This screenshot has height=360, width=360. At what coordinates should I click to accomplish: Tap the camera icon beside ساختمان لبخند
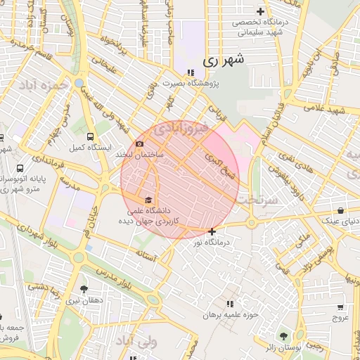(x=139, y=144)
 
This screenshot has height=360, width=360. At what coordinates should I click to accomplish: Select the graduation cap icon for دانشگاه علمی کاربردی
(x=148, y=200)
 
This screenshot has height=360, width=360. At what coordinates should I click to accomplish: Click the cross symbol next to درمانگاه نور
(x=212, y=231)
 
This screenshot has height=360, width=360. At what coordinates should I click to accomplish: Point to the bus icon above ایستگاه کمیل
(x=90, y=137)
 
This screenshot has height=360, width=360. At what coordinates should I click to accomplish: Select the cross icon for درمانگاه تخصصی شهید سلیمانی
(x=261, y=11)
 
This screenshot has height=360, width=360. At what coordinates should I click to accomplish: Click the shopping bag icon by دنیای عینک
(x=341, y=210)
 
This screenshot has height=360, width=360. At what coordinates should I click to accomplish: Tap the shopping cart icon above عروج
(x=341, y=307)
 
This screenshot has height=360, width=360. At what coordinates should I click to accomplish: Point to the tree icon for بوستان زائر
(x=284, y=336)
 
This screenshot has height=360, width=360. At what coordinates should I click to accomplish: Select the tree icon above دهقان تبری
(x=84, y=289)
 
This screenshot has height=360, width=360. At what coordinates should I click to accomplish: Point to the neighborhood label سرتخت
(x=257, y=200)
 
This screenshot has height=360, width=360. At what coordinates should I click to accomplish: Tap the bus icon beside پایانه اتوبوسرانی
(x=20, y=169)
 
